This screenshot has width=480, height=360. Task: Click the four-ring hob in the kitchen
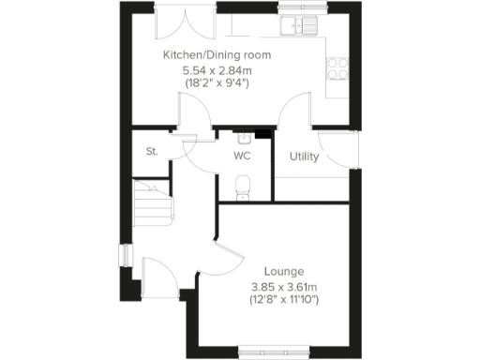(337, 67)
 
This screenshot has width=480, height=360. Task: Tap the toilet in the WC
(243, 186)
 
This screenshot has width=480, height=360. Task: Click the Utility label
(304, 157)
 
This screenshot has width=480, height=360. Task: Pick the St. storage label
(150, 151)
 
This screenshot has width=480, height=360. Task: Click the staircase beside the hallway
(153, 204)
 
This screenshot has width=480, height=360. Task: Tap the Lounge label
(283, 272)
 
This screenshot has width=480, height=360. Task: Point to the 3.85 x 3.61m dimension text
(284, 287)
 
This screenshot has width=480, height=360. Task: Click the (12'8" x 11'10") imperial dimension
(284, 300)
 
